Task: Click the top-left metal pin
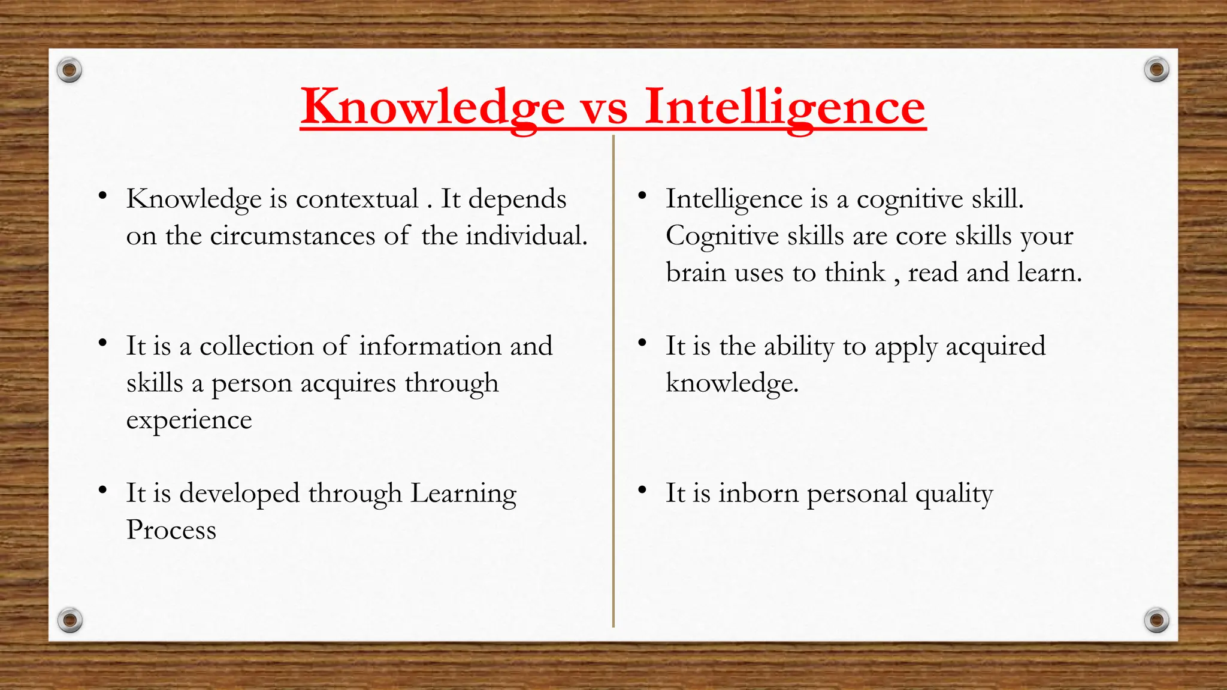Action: coord(69,71)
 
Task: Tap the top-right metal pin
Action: coord(1156,70)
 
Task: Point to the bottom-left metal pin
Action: coord(69,620)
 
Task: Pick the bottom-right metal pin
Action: coord(1156,620)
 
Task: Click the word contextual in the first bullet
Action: coord(357,199)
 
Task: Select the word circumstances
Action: coord(292,236)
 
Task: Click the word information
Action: coord(430,346)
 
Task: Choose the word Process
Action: coord(171,530)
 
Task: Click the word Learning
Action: coord(463,494)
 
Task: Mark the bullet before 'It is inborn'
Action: coord(642,491)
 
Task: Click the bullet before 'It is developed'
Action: coord(103,491)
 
